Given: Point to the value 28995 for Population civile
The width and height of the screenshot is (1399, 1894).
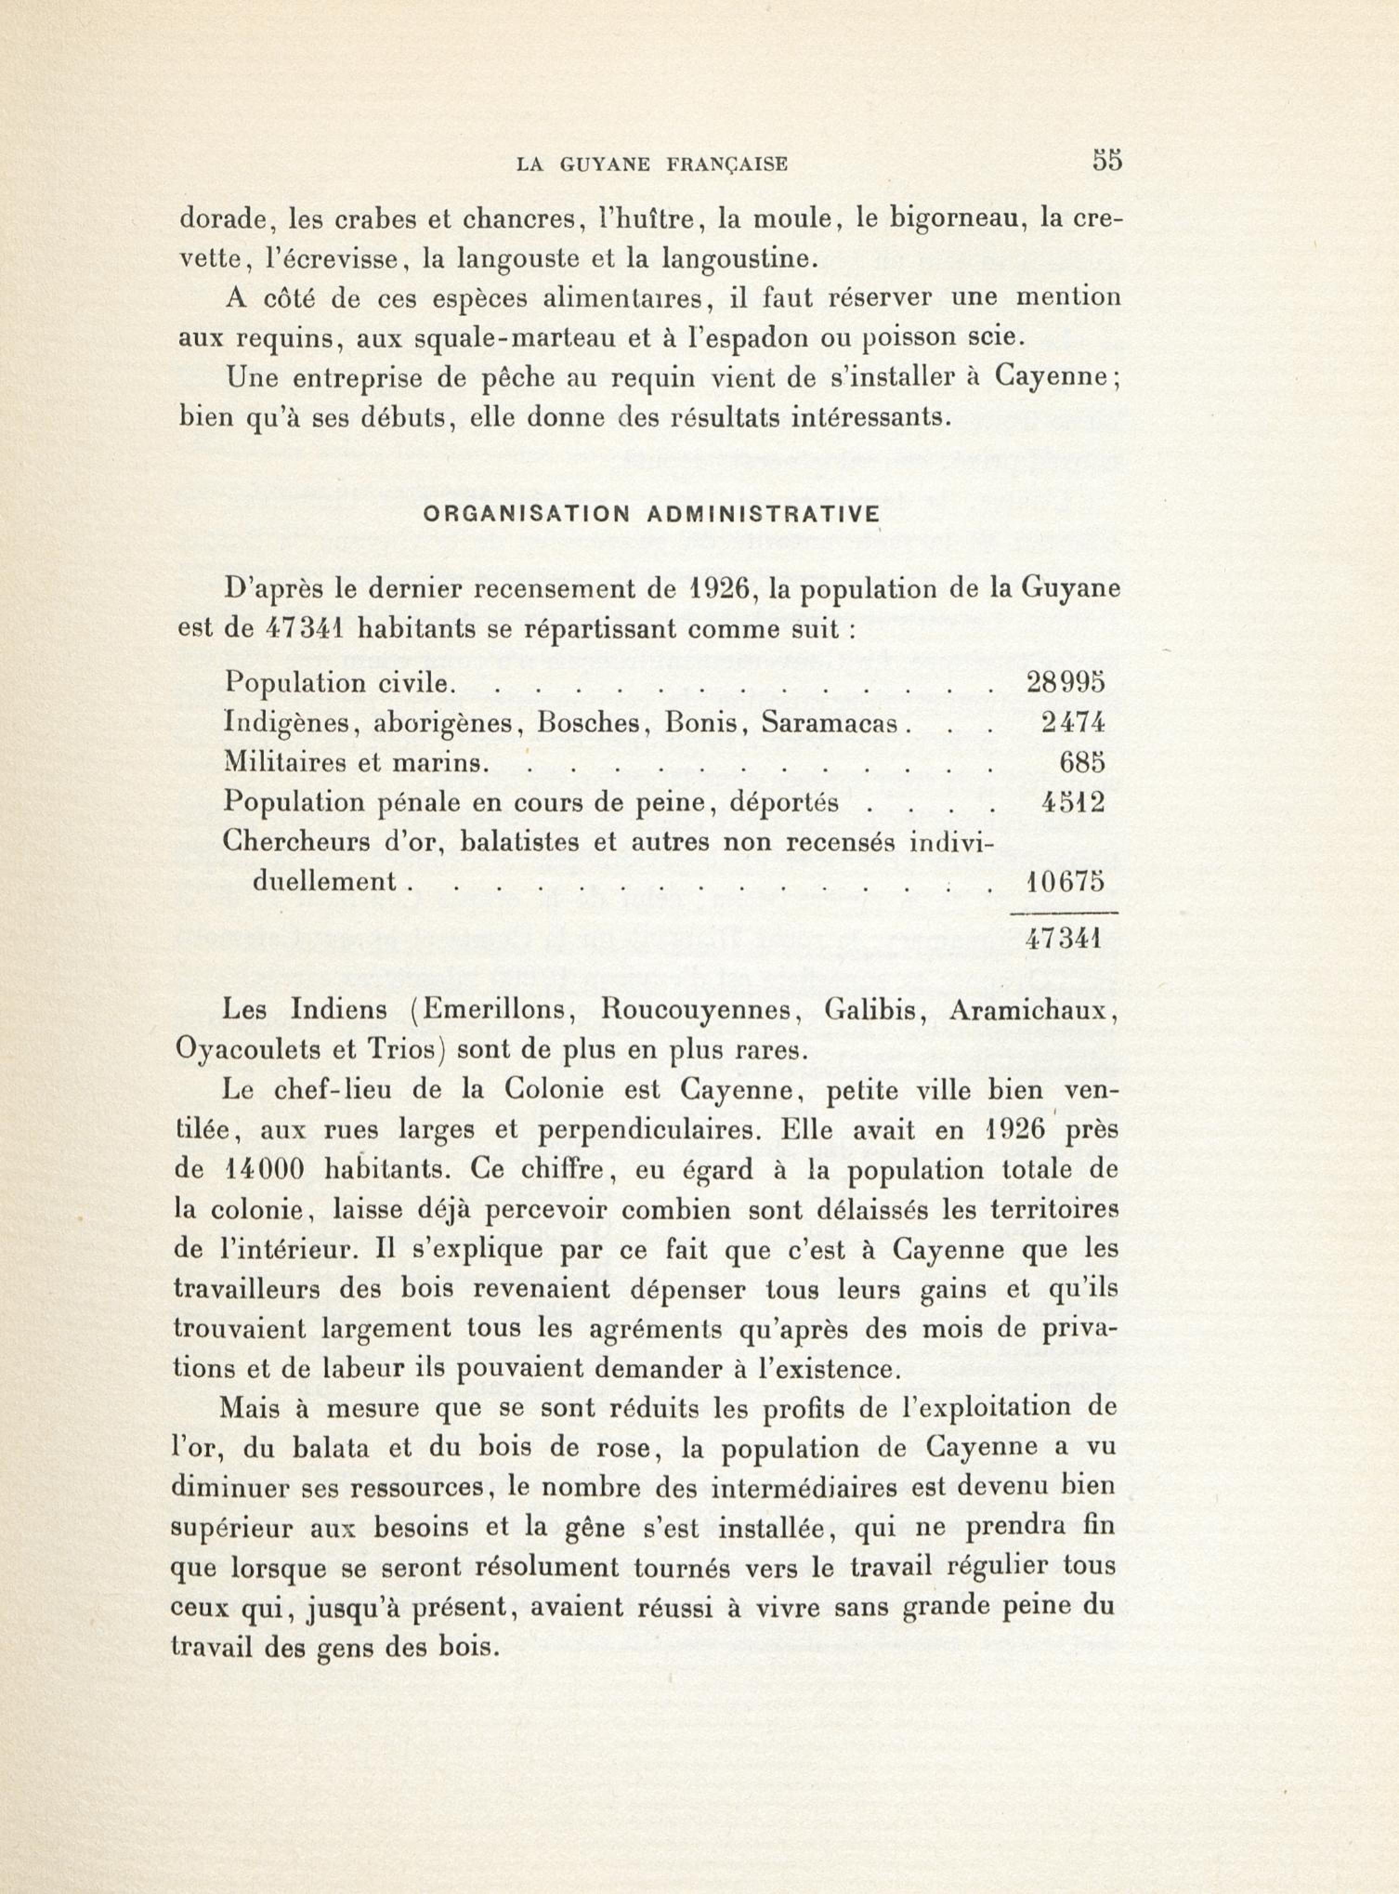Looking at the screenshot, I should [1066, 683].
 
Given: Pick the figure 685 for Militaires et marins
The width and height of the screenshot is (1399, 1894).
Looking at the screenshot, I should [1082, 763].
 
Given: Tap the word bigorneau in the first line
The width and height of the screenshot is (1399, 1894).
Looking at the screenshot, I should [934, 220].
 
